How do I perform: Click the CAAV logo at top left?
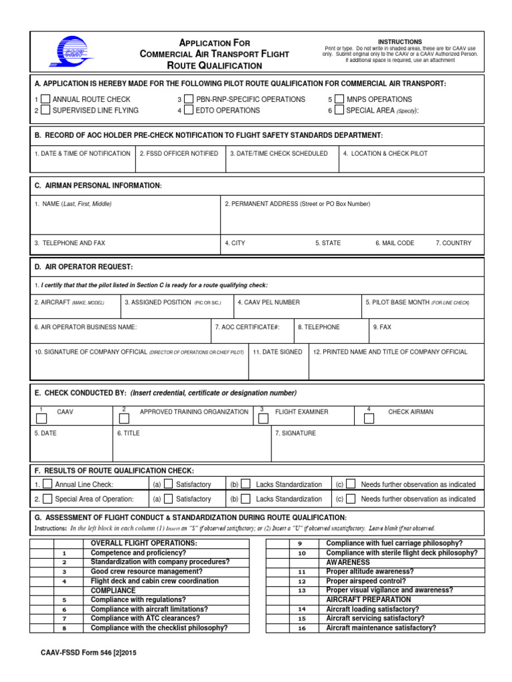(x=67, y=51)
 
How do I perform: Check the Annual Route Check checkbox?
(x=45, y=99)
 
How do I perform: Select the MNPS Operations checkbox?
(x=339, y=99)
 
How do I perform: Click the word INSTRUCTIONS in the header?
(x=400, y=42)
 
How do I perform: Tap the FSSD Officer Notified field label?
(x=179, y=153)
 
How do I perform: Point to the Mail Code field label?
(x=395, y=243)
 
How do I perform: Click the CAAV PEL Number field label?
(x=269, y=302)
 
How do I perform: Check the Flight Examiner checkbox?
(x=265, y=419)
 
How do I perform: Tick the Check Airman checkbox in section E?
(x=369, y=419)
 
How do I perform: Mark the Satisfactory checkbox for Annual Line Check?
(x=169, y=484)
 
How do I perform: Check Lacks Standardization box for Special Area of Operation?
(x=246, y=498)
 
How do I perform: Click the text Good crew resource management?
(x=147, y=571)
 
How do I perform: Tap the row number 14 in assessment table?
(x=301, y=609)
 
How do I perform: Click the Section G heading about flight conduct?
(x=191, y=517)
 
